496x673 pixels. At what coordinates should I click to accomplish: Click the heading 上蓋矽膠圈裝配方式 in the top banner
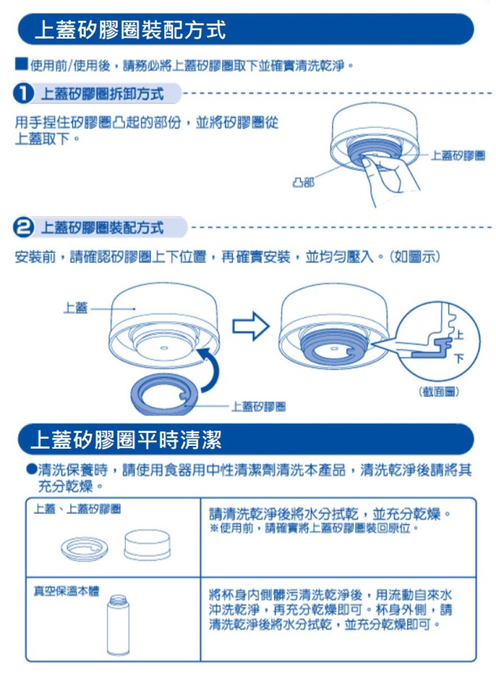tap(130, 30)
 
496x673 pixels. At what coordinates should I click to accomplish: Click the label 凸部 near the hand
tap(303, 182)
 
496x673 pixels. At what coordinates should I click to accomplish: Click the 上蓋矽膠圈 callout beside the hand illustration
tap(457, 155)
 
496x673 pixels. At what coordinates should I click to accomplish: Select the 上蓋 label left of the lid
tap(75, 308)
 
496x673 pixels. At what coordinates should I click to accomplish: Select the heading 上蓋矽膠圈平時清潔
tap(127, 440)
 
